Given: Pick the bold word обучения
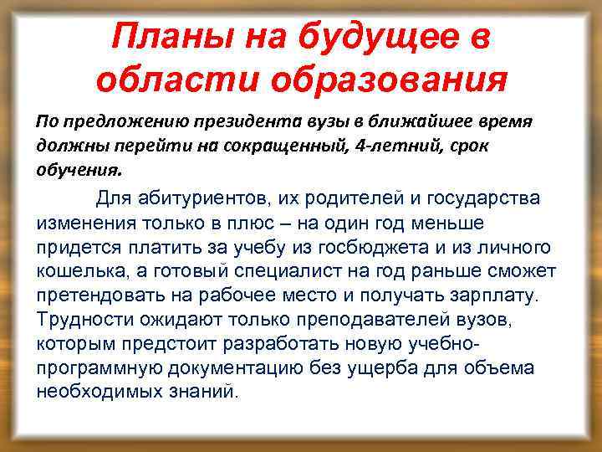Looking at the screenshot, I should [78, 169].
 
